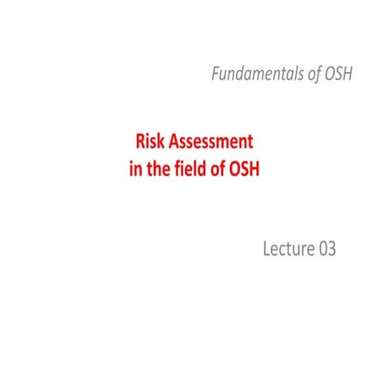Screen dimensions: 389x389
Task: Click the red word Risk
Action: (x=150, y=142)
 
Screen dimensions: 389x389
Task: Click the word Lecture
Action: (x=286, y=250)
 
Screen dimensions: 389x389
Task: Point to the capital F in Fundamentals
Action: (x=216, y=75)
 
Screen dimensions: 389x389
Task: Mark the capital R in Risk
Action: (x=139, y=142)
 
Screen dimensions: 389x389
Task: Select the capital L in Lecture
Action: (x=266, y=250)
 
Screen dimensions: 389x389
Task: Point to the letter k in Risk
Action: (x=163, y=142)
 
